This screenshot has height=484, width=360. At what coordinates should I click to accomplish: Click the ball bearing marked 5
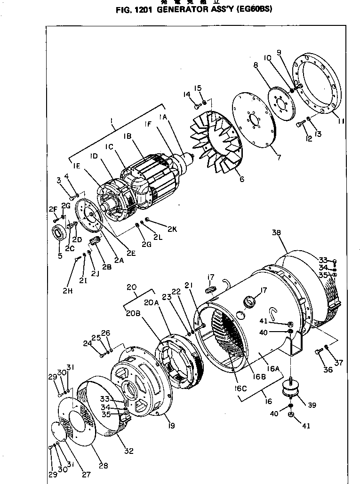(59, 233)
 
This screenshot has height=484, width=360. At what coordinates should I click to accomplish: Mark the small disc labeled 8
(283, 106)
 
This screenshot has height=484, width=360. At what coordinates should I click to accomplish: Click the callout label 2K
(172, 229)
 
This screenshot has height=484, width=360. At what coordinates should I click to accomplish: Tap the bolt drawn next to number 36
(317, 351)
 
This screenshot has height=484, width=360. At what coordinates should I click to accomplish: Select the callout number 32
(128, 452)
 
